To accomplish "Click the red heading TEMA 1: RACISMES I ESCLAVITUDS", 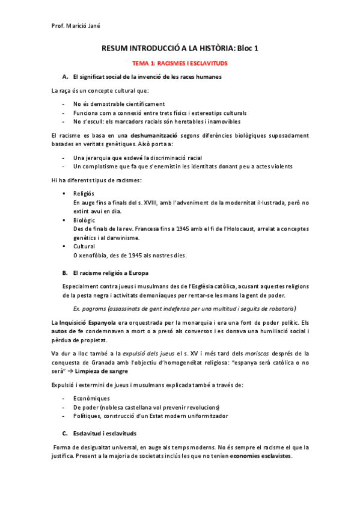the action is pyautogui.click(x=180, y=62).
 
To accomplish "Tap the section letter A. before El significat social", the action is pyautogui.click(x=65, y=77).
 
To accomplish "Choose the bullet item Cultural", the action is pyautogui.click(x=84, y=247).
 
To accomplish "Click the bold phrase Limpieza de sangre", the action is pyautogui.click(x=110, y=371).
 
